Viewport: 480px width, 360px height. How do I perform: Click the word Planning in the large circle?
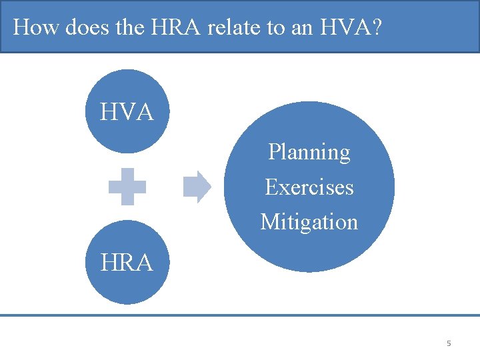pos(309,153)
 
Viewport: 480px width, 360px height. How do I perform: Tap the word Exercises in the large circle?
pos(309,187)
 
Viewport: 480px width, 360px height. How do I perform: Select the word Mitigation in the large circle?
pos(309,221)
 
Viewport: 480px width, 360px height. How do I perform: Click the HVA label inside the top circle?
pos(127,112)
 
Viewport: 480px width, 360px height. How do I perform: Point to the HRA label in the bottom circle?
pos(127,263)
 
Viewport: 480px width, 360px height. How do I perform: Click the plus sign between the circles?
pos(127,187)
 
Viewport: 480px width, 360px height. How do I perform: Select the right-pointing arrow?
pos(197,187)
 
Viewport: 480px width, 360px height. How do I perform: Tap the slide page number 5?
pos(449,343)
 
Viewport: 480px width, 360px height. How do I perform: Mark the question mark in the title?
pos(377,27)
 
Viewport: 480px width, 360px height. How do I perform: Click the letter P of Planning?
pos(273,153)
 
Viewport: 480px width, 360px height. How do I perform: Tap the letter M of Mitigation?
pos(269,221)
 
